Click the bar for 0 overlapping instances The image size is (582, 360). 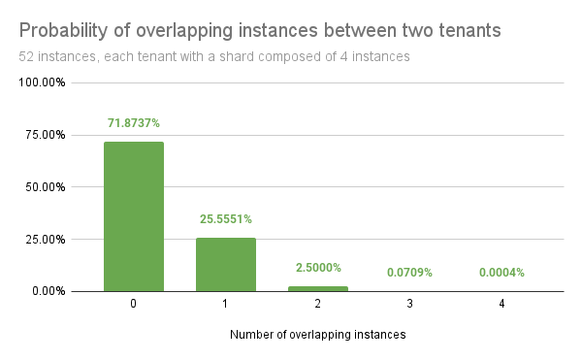click(x=134, y=216)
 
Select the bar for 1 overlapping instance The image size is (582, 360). click(x=226, y=264)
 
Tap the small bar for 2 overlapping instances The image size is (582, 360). click(x=318, y=288)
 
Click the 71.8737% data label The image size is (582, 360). click(x=133, y=123)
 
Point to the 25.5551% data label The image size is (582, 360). click(x=226, y=219)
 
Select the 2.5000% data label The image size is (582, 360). click(x=318, y=268)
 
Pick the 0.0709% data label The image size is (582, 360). click(x=410, y=273)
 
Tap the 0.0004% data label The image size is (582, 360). click(x=502, y=273)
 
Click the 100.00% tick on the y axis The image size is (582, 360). click(x=43, y=82)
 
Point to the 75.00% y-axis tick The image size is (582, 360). click(x=46, y=135)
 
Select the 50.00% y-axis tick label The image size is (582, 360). click(x=46, y=186)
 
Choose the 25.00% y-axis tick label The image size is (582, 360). click(x=46, y=239)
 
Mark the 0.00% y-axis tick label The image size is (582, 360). click(x=48, y=291)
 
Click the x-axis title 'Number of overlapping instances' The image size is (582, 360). click(x=318, y=335)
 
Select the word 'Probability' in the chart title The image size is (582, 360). click(x=63, y=31)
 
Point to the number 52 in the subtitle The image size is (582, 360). click(x=26, y=57)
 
